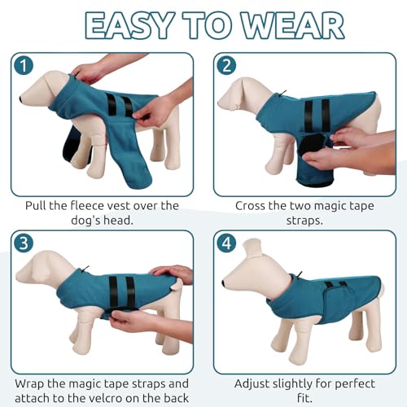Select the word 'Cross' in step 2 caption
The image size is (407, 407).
[253, 205]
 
